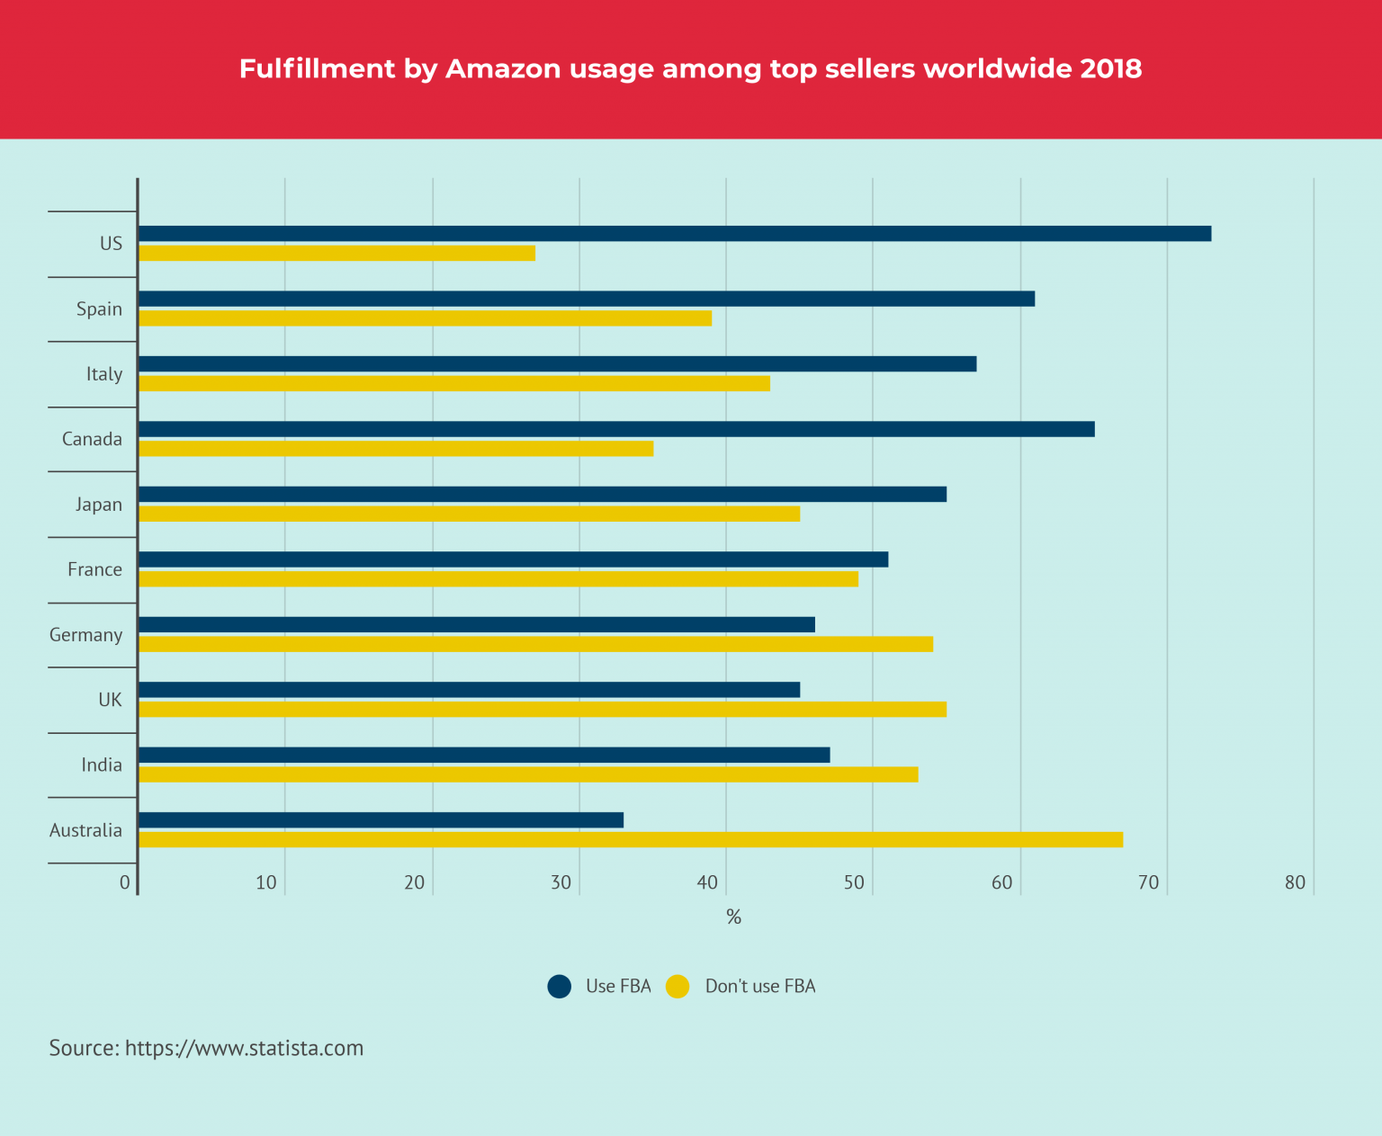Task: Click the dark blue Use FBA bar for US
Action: [675, 234]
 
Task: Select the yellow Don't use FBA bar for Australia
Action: [630, 840]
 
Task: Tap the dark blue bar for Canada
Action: [616, 429]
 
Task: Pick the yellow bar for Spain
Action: [425, 318]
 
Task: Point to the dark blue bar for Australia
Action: [381, 820]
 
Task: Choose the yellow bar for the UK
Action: [543, 710]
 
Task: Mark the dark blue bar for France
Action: [513, 559]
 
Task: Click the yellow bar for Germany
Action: [535, 644]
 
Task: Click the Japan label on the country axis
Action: [98, 505]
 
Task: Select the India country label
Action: [101, 765]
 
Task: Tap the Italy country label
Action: [103, 374]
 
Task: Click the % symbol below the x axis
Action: [733, 917]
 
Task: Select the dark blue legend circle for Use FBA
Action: [560, 987]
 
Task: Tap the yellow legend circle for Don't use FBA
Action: [678, 987]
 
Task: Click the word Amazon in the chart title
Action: [503, 69]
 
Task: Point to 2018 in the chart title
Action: [1111, 69]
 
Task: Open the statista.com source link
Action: [244, 1049]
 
